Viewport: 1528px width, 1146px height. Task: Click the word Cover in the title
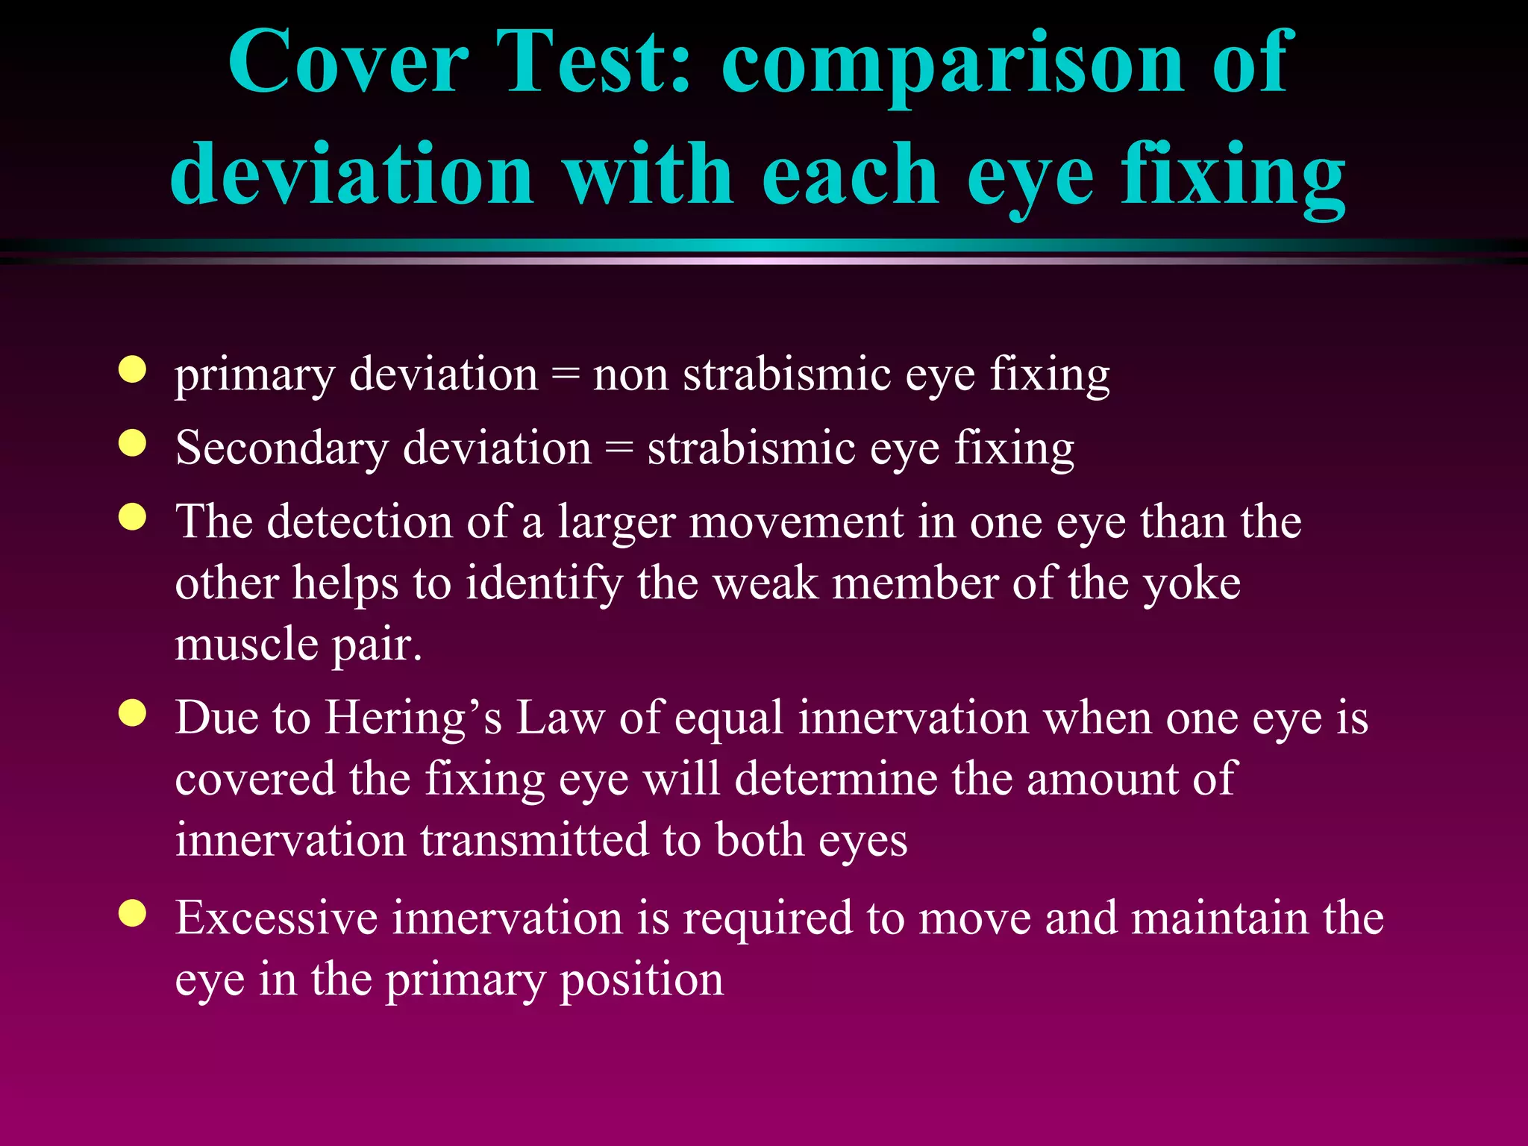point(348,63)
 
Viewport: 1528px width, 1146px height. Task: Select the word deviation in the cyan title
point(351,175)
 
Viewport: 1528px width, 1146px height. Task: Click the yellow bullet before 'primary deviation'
point(132,370)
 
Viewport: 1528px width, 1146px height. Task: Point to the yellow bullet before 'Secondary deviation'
point(132,443)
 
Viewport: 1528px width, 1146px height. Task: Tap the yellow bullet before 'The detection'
point(132,516)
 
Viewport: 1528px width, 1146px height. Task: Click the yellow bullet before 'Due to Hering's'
point(132,713)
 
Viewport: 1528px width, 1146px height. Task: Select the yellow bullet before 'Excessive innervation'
point(132,912)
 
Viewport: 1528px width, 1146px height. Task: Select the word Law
point(560,718)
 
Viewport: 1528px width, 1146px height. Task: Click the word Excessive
point(277,918)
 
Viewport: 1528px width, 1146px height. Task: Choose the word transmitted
point(534,840)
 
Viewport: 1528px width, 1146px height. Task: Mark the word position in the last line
point(642,980)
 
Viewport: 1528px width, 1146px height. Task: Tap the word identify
point(544,584)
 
